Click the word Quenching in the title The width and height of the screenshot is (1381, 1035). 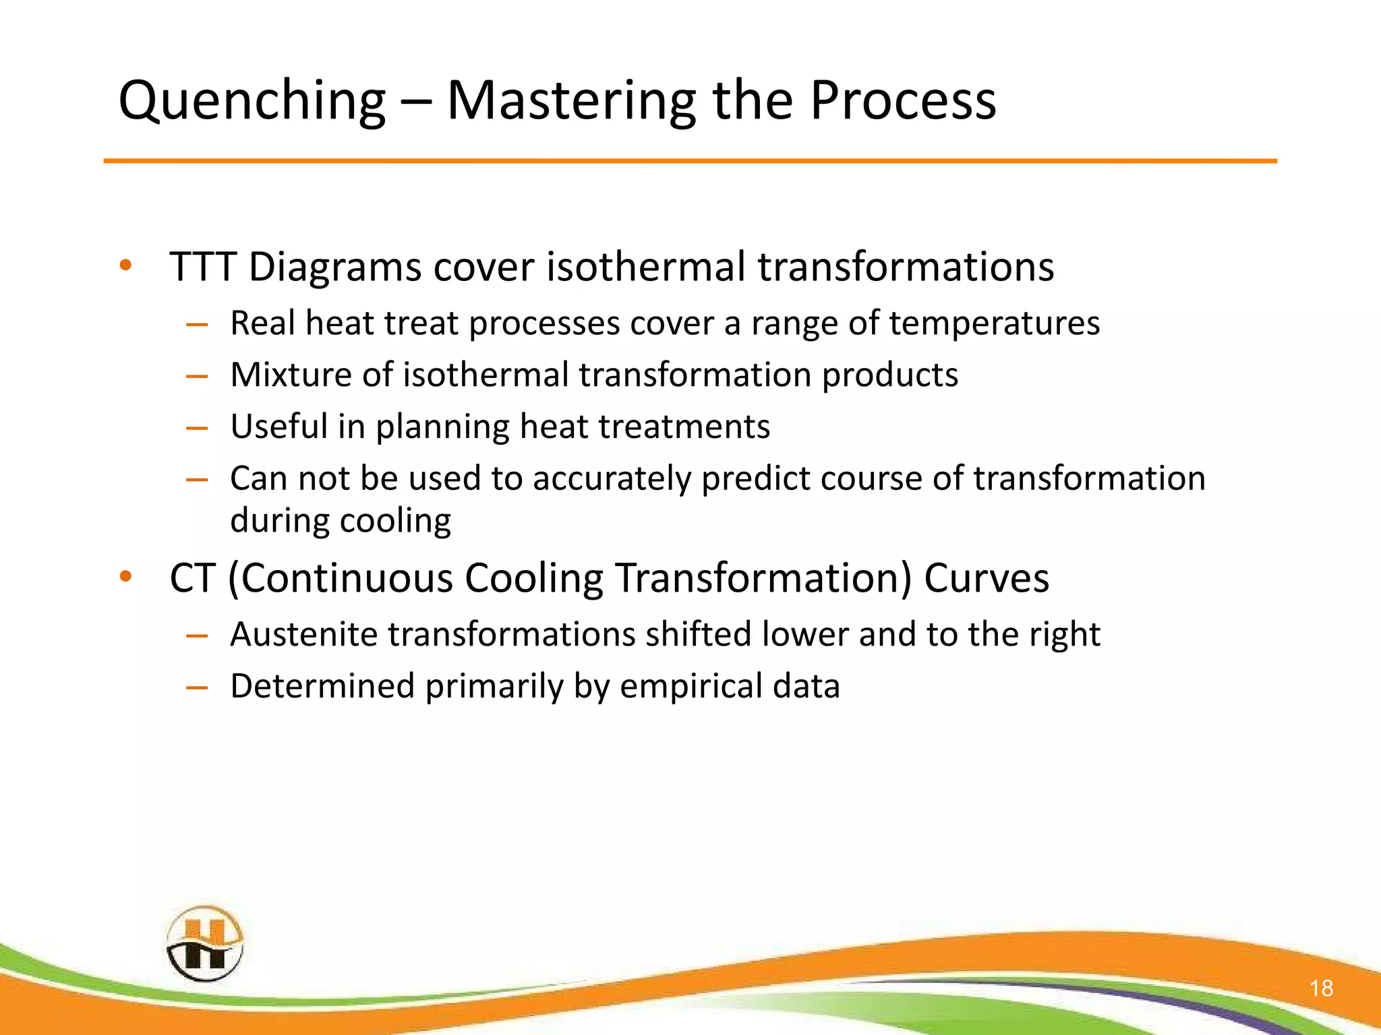pyautogui.click(x=252, y=101)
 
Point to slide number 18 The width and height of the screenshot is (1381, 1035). pyautogui.click(x=1321, y=988)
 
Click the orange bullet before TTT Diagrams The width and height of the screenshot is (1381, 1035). pyautogui.click(x=125, y=265)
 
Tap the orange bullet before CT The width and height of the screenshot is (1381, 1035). pyautogui.click(x=125, y=577)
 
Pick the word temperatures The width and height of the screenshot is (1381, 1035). pyautogui.click(x=994, y=323)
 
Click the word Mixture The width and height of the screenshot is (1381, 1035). pyautogui.click(x=290, y=375)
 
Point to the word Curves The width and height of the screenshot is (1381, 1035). pyautogui.click(x=986, y=578)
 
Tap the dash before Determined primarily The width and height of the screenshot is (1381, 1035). pyautogui.click(x=196, y=687)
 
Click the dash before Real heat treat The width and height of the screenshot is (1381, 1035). pyautogui.click(x=196, y=324)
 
